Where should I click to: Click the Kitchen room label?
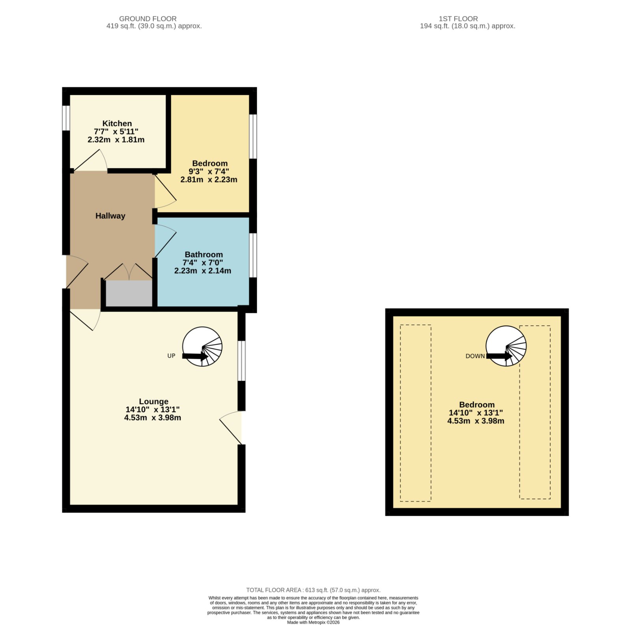click(117, 123)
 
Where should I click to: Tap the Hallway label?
click(110, 216)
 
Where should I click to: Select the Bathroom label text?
click(203, 255)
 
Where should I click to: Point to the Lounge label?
click(153, 402)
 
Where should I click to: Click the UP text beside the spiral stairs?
click(171, 356)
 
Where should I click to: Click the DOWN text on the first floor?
click(475, 356)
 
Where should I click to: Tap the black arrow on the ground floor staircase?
click(195, 356)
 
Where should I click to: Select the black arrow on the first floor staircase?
click(499, 356)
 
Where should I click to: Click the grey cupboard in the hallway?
click(129, 293)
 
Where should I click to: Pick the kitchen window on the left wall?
click(66, 117)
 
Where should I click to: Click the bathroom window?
click(253, 255)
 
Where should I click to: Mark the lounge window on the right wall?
click(241, 361)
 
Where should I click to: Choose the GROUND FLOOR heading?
click(148, 19)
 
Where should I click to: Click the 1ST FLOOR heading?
click(458, 19)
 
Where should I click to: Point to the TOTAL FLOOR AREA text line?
click(314, 590)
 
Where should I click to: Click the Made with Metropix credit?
click(313, 622)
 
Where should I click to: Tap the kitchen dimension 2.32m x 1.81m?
click(116, 140)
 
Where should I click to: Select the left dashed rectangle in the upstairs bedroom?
click(416, 413)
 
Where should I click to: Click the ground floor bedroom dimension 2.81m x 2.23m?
click(209, 180)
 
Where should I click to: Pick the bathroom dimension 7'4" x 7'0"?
click(203, 262)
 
